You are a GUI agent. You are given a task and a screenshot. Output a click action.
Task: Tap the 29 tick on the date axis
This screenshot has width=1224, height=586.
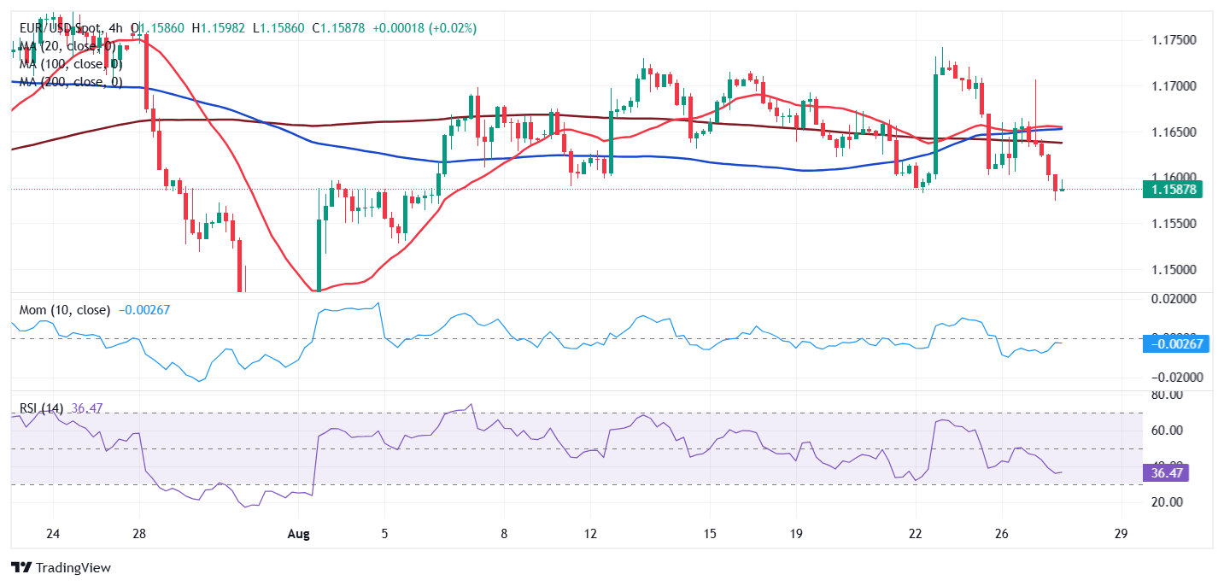point(1122,534)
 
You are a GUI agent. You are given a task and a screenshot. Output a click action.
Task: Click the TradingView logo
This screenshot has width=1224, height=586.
point(61,567)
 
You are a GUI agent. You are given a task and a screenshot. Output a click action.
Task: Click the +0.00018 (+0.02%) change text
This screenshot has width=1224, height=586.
point(425,28)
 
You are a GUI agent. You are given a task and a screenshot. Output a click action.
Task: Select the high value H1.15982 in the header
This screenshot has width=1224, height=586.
point(221,28)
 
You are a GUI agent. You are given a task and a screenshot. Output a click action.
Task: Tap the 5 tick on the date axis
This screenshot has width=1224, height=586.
point(384,534)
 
